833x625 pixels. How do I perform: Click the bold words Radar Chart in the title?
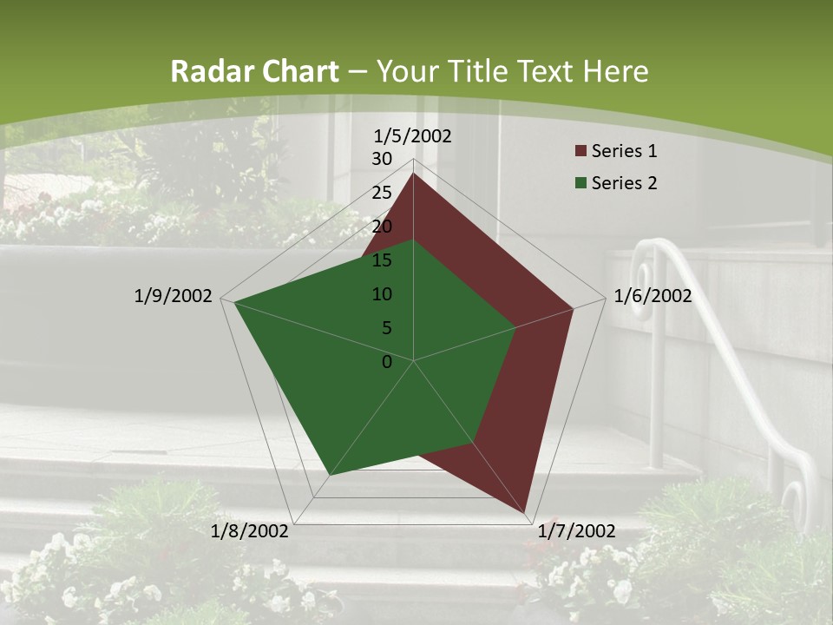(x=254, y=71)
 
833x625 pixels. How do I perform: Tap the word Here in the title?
(x=615, y=71)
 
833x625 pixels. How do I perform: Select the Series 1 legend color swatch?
(x=580, y=152)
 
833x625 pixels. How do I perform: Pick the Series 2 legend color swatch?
(x=580, y=183)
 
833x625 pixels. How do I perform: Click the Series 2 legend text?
(x=624, y=183)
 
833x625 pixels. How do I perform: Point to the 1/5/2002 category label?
(x=413, y=135)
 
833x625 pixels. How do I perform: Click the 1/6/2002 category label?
(x=653, y=296)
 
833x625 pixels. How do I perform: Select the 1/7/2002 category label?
(x=576, y=531)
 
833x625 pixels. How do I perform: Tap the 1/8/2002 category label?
(x=250, y=531)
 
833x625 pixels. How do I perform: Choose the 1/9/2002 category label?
(x=174, y=296)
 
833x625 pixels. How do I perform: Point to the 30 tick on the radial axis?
(x=382, y=159)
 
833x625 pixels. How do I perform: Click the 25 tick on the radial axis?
(x=382, y=193)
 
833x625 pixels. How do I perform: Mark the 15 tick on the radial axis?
(x=382, y=260)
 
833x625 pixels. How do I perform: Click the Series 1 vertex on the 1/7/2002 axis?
(x=523, y=512)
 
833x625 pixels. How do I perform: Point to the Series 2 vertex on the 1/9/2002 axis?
(x=235, y=302)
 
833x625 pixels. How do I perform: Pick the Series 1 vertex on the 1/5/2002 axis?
(x=413, y=174)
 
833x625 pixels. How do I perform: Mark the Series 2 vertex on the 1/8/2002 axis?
(x=330, y=475)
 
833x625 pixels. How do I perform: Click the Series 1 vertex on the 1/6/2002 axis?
(x=573, y=308)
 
